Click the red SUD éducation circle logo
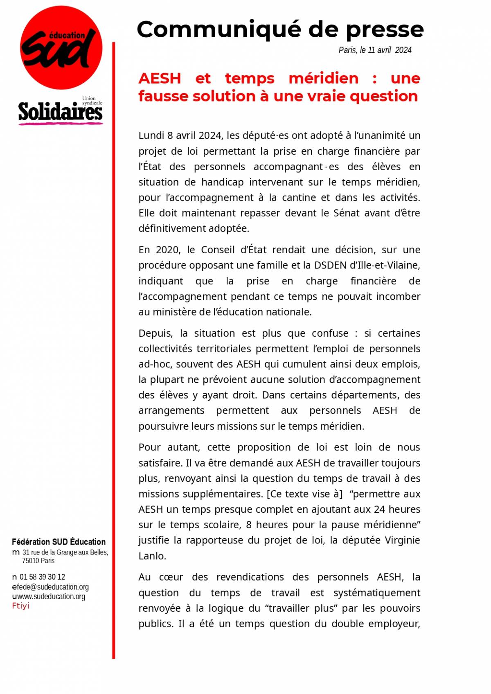[x=61, y=48]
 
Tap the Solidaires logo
[x=60, y=112]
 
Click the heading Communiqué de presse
[x=280, y=29]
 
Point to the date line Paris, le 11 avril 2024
[x=375, y=50]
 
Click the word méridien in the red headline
[x=323, y=78]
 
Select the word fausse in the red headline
[x=162, y=96]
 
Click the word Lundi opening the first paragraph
[x=151, y=135]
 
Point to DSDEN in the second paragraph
[x=330, y=265]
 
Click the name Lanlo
[x=152, y=556]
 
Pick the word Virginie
[x=403, y=541]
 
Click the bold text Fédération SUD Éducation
[x=59, y=542]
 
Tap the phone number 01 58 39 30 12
[x=42, y=577]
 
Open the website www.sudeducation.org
[x=51, y=597]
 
